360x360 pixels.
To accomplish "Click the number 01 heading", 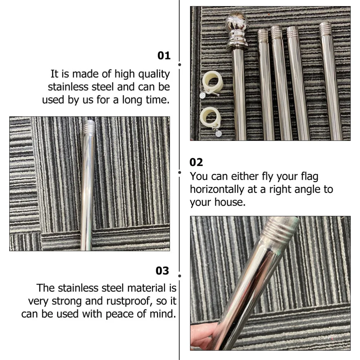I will [x=164, y=56].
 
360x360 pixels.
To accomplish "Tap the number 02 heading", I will [x=196, y=162].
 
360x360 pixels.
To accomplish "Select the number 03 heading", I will [x=162, y=271].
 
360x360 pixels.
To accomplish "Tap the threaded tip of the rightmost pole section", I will [x=325, y=28].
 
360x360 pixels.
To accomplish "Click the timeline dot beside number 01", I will [x=180, y=65].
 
